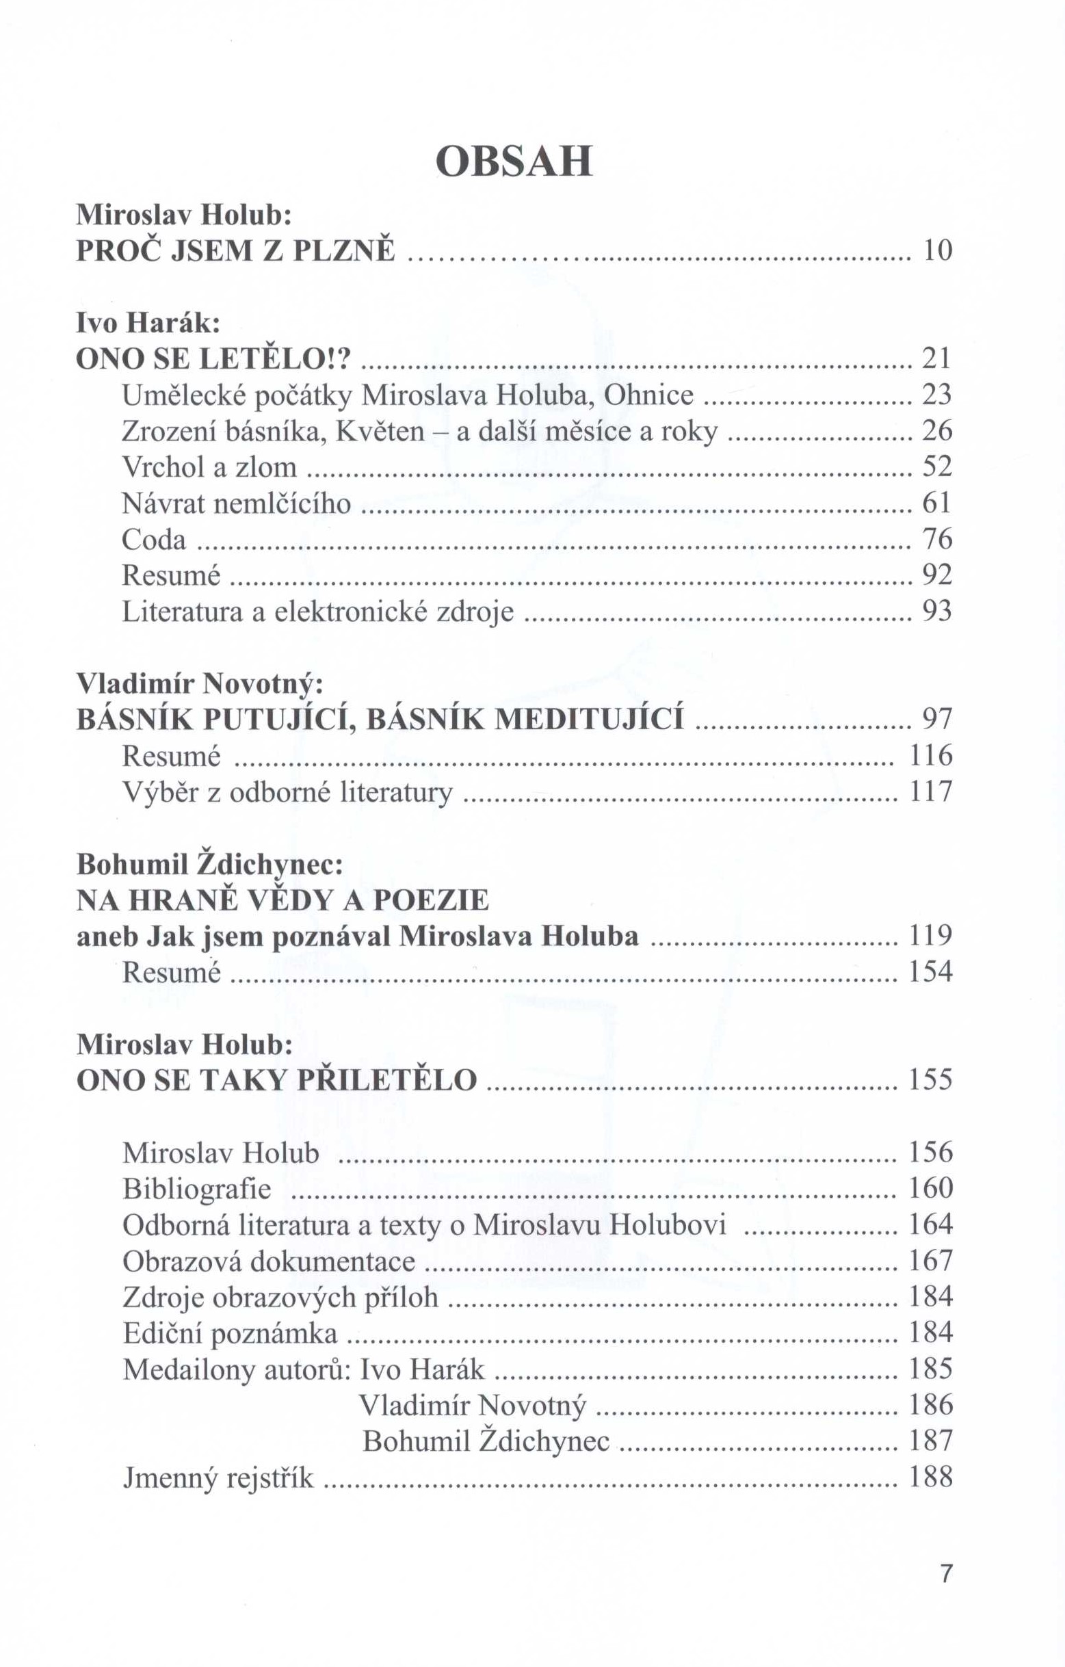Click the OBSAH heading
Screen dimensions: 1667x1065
click(x=514, y=161)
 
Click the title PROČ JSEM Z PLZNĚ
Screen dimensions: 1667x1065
click(x=235, y=250)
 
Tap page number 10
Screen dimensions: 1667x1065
click(x=938, y=250)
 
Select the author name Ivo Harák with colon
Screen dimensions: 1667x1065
click(x=148, y=323)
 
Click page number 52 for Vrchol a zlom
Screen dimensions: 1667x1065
click(x=937, y=467)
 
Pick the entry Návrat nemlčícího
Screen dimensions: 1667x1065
click(x=236, y=503)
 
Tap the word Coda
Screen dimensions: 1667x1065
click(x=154, y=539)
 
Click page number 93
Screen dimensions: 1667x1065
click(x=937, y=611)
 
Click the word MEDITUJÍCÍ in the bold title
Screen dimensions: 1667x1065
click(x=590, y=720)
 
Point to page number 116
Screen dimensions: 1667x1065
click(x=931, y=755)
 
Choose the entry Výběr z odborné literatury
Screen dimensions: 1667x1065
click(x=287, y=792)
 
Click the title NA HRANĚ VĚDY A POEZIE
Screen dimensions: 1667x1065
click(x=282, y=900)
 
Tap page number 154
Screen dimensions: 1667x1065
click(x=931, y=972)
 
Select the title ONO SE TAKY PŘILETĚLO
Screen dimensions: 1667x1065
click(x=276, y=1080)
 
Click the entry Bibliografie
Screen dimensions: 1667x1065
click(x=197, y=1189)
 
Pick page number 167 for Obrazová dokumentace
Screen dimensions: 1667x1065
click(x=931, y=1261)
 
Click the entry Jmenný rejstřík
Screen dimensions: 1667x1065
click(x=218, y=1478)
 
